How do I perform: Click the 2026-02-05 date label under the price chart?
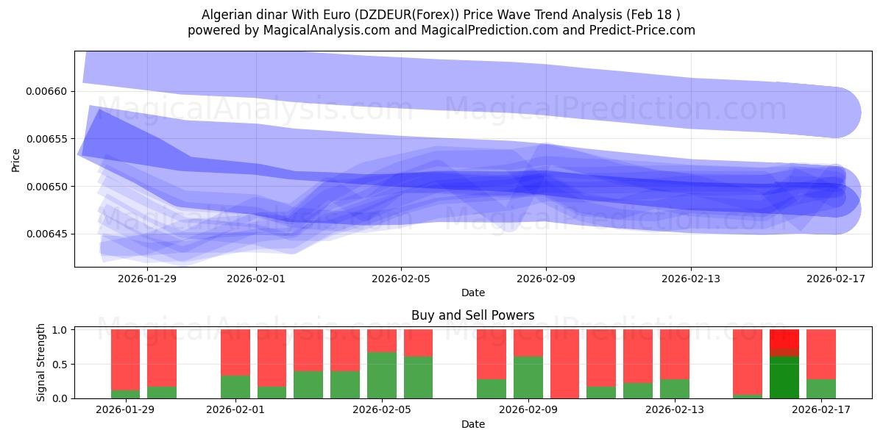tap(401, 279)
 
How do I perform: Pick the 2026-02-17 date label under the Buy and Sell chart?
tap(821, 410)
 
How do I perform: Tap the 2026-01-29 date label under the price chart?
tap(147, 279)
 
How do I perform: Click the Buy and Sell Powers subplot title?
tap(472, 316)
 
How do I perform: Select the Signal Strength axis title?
tap(41, 363)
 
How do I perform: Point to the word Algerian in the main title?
tap(226, 15)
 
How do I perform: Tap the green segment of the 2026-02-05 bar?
tap(382, 376)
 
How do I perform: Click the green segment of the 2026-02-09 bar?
tap(528, 378)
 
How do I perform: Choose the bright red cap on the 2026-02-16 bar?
tap(784, 339)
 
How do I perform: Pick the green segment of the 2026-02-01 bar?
tap(235, 387)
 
